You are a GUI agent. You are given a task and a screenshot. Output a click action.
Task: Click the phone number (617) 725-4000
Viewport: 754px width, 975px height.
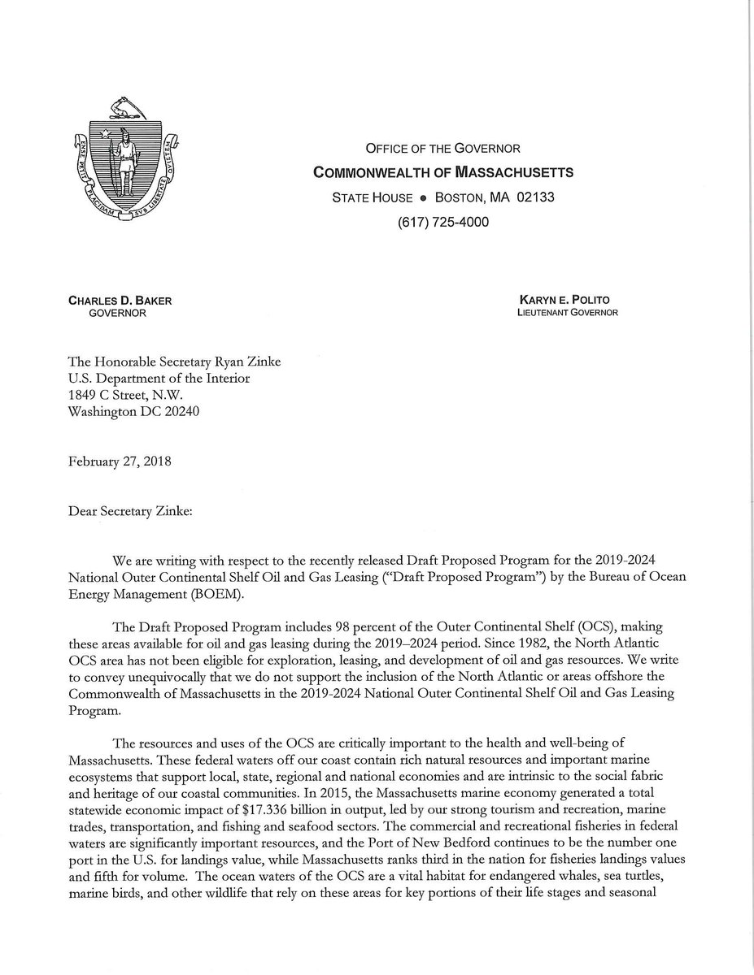point(443,222)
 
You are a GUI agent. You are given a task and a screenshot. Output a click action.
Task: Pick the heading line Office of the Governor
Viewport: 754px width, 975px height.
point(443,149)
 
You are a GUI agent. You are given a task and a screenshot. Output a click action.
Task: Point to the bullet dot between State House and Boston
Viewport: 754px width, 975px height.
point(423,198)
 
